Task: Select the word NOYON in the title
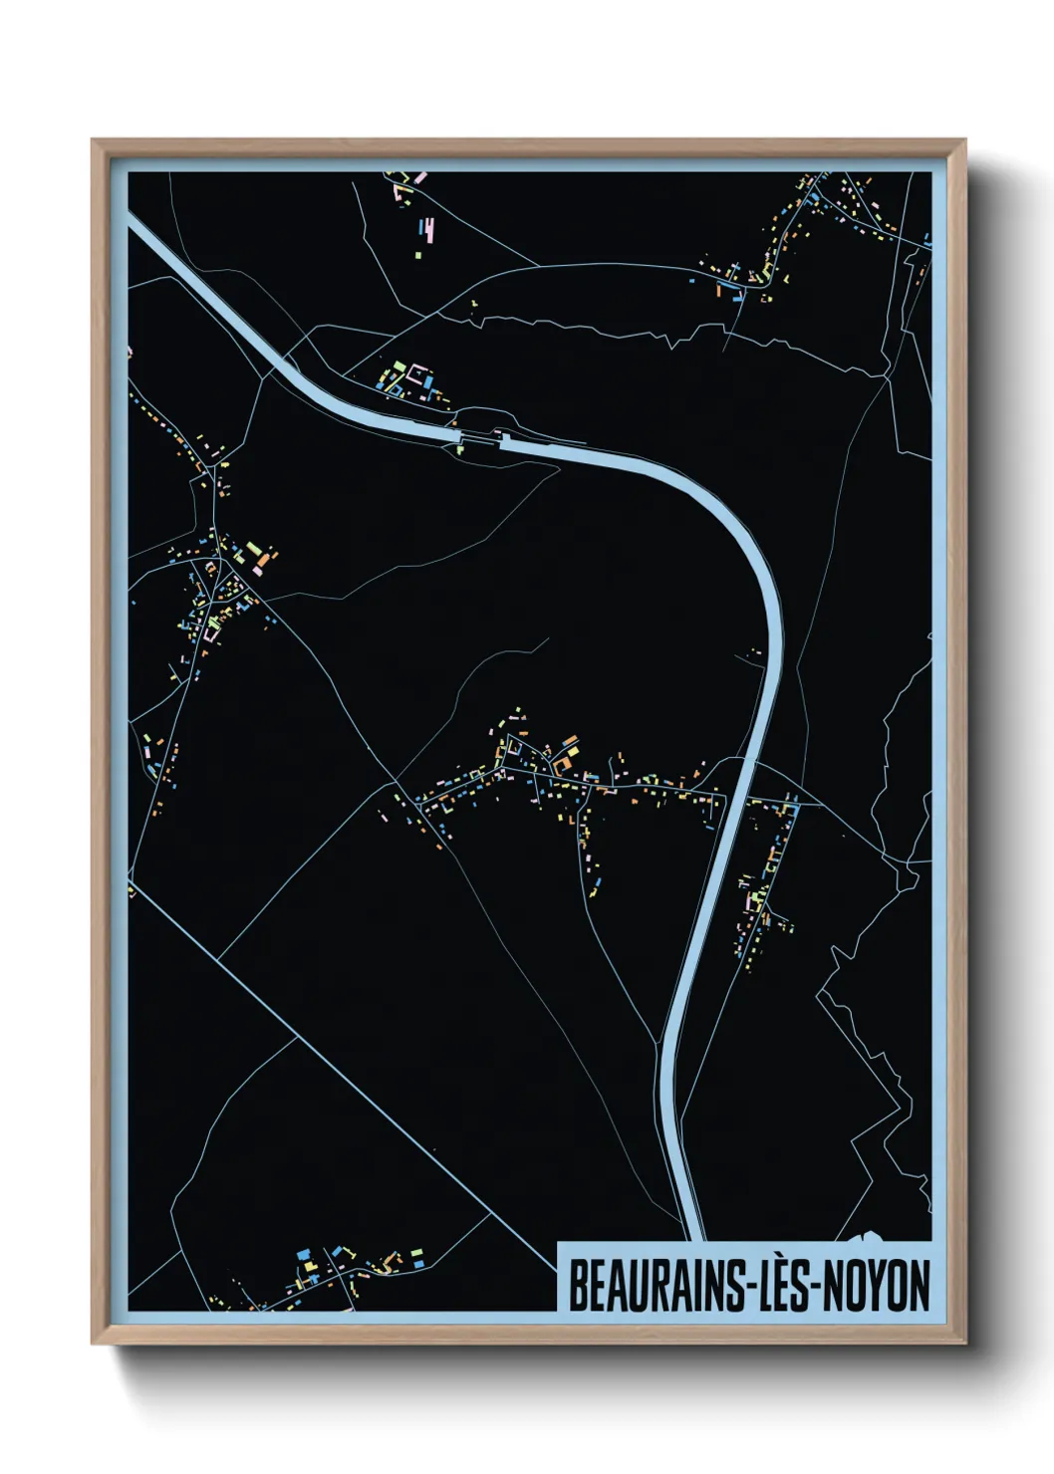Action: (876, 1286)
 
